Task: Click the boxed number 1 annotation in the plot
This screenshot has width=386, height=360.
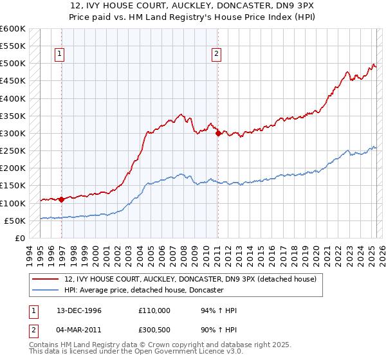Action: pos(59,55)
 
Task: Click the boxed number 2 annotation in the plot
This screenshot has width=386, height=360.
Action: pos(216,55)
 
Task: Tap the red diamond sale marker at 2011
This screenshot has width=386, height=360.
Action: pos(218,134)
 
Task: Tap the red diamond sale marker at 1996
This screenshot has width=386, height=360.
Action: pos(62,199)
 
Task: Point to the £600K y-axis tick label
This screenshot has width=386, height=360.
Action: pos(12,29)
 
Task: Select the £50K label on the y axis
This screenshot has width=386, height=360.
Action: pos(14,221)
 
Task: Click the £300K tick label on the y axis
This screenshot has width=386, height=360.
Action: pos(12,133)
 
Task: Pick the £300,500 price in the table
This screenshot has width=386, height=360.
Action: pos(154,331)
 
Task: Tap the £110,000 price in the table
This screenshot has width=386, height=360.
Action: pos(154,310)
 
